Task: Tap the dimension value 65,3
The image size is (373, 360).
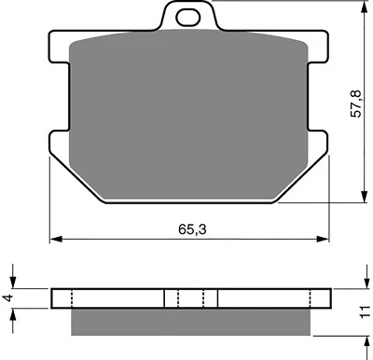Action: [x=191, y=227]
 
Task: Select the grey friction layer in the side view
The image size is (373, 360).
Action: [x=191, y=321]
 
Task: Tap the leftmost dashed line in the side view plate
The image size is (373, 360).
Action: [x=74, y=298]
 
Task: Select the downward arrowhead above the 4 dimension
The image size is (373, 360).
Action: [x=13, y=283]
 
